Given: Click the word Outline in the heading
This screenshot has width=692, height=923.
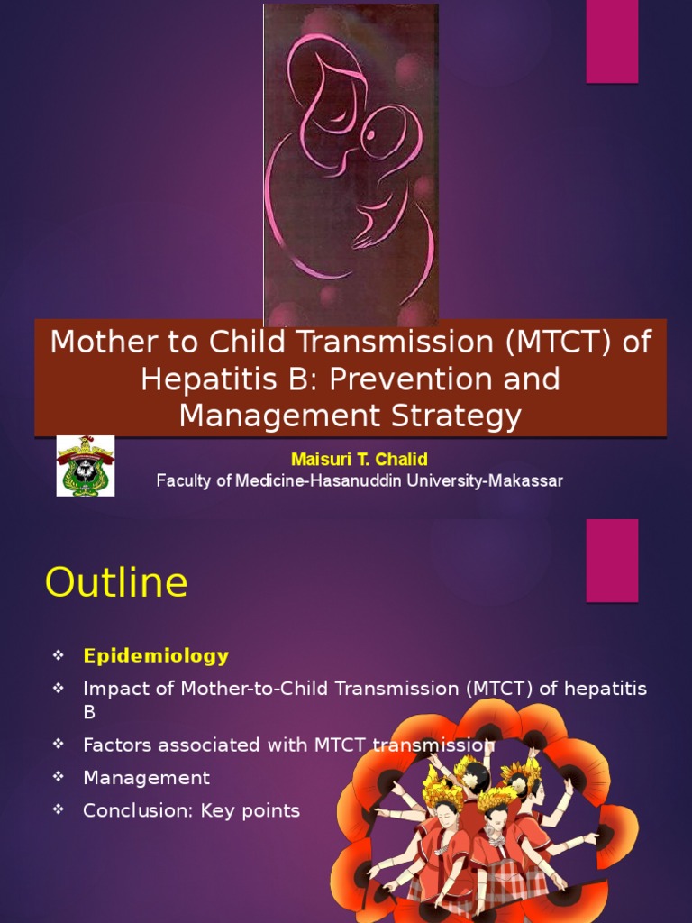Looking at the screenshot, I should tap(116, 583).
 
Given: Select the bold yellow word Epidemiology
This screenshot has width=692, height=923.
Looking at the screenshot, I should tap(156, 656).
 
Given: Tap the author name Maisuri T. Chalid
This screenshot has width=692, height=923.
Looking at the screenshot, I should tap(359, 460).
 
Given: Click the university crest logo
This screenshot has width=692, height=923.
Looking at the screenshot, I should tap(86, 466).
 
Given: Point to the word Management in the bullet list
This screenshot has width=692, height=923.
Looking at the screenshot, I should tap(146, 778).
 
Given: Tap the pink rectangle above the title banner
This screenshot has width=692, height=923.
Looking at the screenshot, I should tap(612, 41).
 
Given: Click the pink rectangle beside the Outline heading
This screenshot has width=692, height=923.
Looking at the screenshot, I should tap(612, 560).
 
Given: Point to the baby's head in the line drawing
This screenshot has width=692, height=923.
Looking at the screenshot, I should tap(385, 134).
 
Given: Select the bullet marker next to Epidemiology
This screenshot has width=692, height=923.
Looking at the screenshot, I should tap(59, 655).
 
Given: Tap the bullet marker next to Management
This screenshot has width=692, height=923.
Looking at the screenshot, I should tap(59, 777).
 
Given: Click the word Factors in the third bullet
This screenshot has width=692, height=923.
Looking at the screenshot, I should tap(116, 745).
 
